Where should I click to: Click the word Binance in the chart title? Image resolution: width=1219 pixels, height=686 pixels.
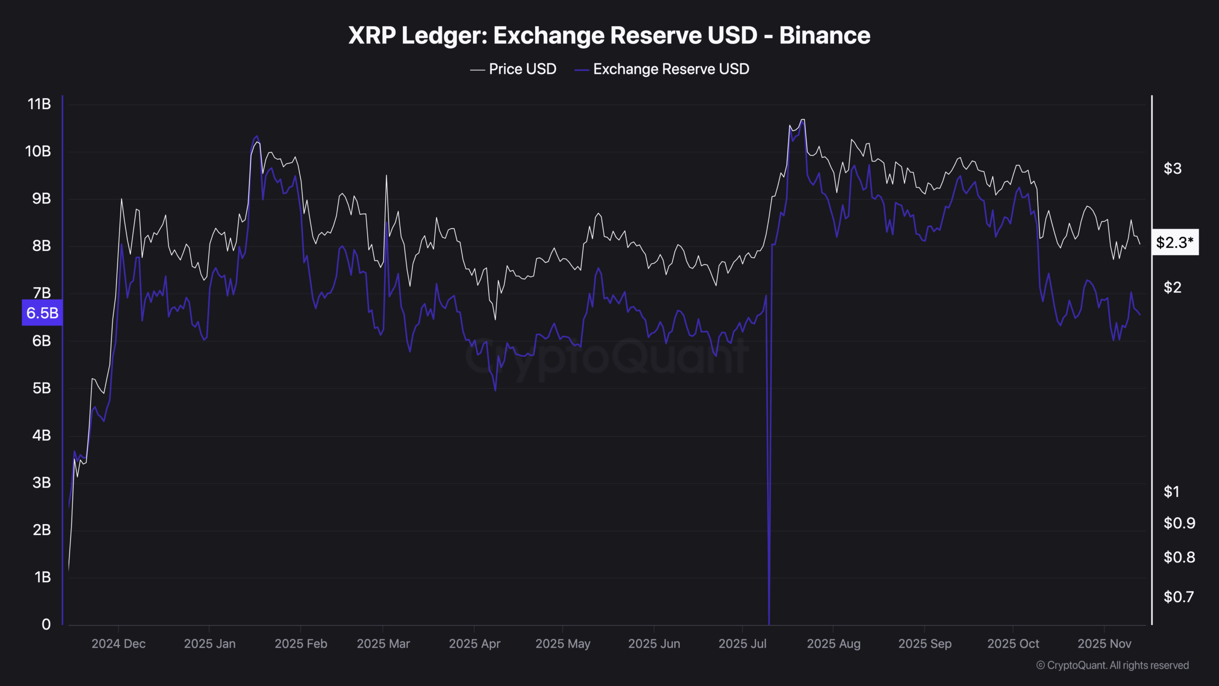824,35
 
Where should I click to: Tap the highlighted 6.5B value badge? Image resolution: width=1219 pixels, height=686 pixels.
42,313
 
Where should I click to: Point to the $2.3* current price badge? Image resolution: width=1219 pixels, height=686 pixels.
1175,242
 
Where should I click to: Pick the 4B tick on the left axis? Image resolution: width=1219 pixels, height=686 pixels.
41,435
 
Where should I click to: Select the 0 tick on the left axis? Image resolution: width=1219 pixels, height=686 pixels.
46,624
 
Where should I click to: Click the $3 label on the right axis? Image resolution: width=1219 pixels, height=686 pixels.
1172,168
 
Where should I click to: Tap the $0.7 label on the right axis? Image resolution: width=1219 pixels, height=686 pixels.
1179,596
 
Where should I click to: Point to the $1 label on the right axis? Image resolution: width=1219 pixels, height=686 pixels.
1171,491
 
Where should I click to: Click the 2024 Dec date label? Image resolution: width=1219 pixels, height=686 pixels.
119,644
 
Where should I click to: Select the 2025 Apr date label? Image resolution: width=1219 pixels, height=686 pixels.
474,644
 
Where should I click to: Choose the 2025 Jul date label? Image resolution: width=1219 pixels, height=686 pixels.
742,644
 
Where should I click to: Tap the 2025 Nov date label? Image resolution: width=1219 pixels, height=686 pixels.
1104,644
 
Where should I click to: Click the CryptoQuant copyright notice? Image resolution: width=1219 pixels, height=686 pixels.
1112,665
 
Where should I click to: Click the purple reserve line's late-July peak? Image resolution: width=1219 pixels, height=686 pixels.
803,121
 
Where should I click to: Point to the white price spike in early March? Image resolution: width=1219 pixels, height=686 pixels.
386,176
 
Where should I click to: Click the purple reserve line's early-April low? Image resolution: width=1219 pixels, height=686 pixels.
495,390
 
